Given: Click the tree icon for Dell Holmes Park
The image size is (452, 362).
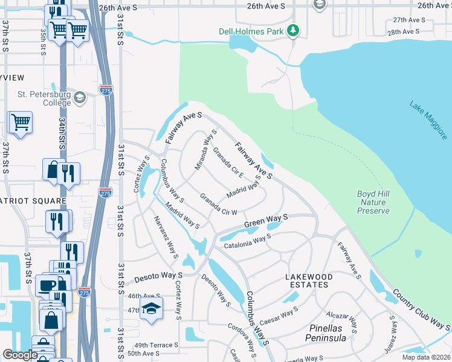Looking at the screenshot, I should tap(293, 30).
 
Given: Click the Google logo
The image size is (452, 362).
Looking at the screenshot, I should tap(21, 355).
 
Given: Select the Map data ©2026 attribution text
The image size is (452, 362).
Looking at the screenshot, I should tap(426, 357).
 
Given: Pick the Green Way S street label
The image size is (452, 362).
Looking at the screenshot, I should tap(265, 221).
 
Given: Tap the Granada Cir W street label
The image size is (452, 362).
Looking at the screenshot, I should tap(218, 205).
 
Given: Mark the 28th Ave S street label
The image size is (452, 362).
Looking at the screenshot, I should tap(403, 31).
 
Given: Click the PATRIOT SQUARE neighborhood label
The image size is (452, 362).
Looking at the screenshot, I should tap(33, 200).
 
